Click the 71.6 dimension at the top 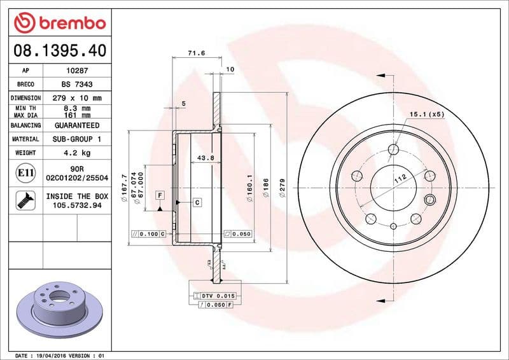coord(196,53)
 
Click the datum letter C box coord(197,202)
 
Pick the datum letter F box coord(160,194)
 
